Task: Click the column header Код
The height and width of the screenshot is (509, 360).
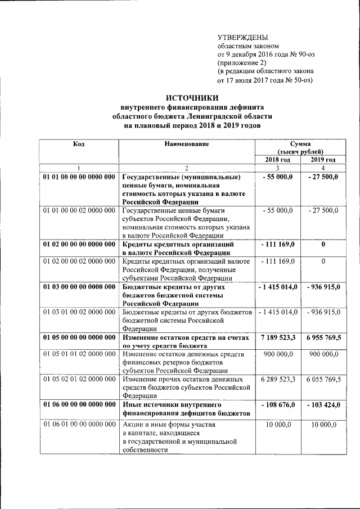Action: [79, 144]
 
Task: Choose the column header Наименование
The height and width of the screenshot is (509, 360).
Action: [187, 144]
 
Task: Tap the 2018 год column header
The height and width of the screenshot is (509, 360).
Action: [277, 160]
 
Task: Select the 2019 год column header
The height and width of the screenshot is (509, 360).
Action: [323, 160]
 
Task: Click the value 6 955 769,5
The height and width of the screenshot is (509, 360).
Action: [323, 337]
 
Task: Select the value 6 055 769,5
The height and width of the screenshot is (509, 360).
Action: [323, 380]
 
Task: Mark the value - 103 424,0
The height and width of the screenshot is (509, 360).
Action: [323, 405]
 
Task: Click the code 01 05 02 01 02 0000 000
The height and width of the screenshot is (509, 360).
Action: [79, 380]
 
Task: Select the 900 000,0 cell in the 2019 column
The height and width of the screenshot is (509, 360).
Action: [323, 354]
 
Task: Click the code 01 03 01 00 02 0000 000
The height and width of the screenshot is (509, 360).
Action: [79, 312]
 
